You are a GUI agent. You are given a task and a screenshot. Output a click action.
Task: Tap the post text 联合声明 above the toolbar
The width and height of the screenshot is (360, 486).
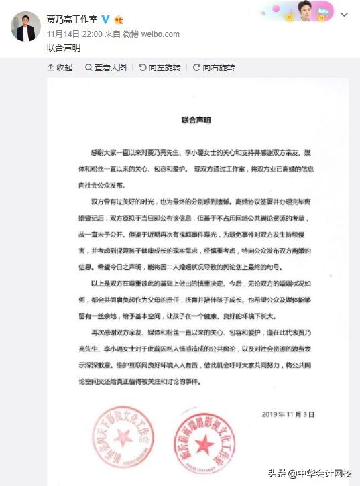click(63, 48)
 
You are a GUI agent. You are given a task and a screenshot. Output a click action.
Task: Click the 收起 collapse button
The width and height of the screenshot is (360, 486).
click(60, 68)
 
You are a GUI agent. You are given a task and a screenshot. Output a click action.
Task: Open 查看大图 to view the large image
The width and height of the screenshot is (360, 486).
click(111, 68)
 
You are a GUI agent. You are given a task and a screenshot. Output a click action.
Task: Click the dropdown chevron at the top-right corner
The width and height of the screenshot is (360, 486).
click(345, 14)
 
